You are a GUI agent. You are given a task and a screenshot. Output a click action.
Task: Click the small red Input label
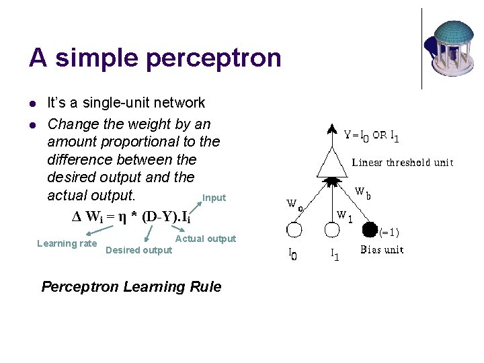[x=214, y=198]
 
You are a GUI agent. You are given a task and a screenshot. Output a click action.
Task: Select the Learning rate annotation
[x=67, y=243]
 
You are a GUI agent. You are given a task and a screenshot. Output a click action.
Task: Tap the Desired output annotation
[x=139, y=250]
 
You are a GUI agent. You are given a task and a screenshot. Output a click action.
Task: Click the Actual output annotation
[x=206, y=239]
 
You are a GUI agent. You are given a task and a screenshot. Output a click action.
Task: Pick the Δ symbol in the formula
[x=76, y=218]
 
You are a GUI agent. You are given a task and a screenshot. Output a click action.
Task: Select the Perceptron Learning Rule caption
[x=131, y=287]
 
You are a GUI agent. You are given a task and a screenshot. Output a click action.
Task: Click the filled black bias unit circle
[x=369, y=230]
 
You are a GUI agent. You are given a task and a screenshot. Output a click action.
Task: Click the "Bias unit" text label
[x=382, y=250]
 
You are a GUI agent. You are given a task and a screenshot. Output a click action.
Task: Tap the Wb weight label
[x=362, y=193]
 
